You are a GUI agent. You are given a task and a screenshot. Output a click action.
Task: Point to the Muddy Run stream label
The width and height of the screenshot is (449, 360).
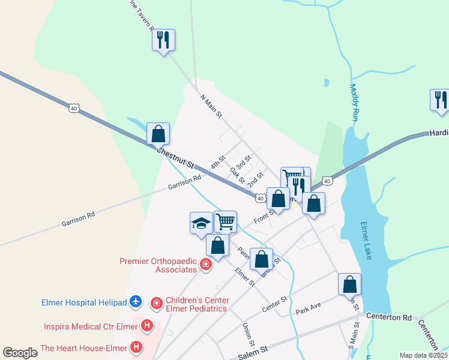coord(354,103)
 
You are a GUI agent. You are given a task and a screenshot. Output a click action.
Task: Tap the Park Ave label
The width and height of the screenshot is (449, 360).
coord(309,312)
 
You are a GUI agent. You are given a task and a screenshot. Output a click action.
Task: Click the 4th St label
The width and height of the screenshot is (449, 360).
coord(217,162)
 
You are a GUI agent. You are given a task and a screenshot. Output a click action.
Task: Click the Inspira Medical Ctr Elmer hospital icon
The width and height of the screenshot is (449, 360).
coord(146,327)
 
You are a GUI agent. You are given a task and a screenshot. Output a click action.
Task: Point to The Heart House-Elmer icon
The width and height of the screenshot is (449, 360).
coord(137,347)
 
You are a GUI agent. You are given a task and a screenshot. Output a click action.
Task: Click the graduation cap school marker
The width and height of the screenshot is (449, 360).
coord(201,223)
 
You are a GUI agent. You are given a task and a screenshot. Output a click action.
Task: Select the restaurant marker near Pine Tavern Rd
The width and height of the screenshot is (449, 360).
coord(163,40)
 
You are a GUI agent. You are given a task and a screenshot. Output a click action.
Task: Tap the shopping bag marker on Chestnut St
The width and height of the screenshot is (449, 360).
coord(158,134)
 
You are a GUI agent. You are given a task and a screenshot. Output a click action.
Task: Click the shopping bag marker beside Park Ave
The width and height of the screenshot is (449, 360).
coord(349,284)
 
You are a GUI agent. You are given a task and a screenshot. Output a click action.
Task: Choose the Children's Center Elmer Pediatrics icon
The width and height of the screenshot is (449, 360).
coord(157,304)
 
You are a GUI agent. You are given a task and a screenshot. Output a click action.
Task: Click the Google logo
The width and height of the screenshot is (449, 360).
coord(20,353)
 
